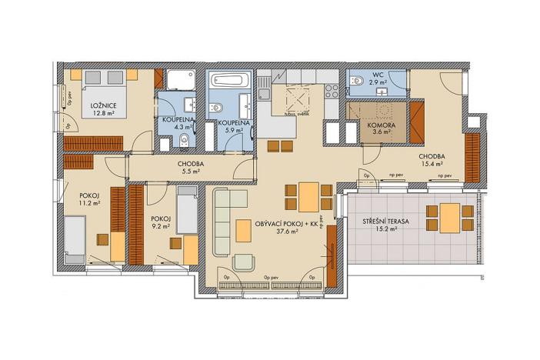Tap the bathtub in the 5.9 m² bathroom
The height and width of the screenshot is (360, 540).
click(x=227, y=80)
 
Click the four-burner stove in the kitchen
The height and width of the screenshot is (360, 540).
click(x=332, y=91)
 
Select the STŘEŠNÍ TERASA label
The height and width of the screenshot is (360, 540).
click(x=386, y=222)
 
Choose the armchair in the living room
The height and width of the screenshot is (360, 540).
click(x=244, y=262)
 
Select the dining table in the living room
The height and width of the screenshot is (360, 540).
click(x=308, y=197)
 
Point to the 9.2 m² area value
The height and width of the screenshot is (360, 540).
click(x=161, y=227)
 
